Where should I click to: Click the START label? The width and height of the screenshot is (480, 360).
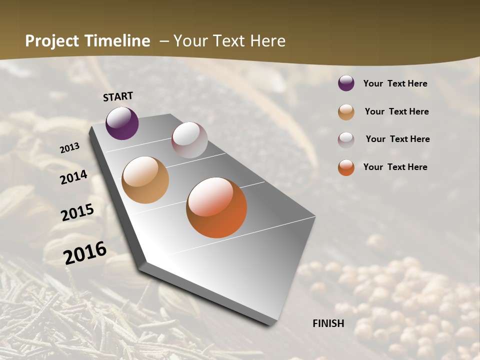(118, 96)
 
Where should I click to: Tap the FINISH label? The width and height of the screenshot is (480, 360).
(328, 323)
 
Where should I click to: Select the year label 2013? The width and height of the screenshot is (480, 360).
(70, 148)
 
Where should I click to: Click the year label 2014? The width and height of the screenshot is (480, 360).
(74, 177)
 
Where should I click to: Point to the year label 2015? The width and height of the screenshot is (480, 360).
(77, 212)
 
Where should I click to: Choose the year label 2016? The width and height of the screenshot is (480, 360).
(85, 252)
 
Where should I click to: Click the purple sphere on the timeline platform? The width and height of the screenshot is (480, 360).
(122, 123)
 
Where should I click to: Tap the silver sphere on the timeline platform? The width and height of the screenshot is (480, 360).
(189, 140)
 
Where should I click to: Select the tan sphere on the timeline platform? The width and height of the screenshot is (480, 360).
(145, 180)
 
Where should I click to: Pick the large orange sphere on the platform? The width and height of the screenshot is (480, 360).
(216, 207)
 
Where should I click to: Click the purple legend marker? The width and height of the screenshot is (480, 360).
(346, 83)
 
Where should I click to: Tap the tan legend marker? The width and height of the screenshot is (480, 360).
(346, 112)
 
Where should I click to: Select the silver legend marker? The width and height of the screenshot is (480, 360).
(346, 140)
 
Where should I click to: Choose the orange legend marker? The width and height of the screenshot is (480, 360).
(346, 167)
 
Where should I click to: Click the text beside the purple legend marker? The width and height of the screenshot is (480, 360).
(395, 83)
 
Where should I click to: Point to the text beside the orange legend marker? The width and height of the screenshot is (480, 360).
(395, 167)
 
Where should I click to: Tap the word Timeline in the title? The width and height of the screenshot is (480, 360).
(118, 41)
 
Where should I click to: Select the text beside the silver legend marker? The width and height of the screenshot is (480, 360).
(397, 139)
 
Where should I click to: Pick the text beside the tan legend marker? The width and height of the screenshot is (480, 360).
(396, 111)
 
